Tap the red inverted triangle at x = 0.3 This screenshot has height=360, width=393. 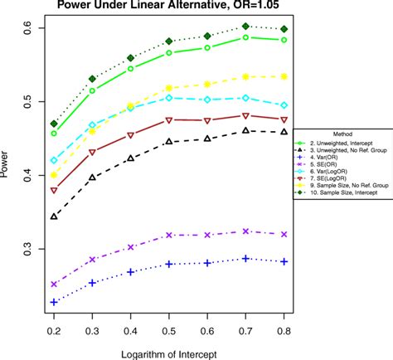[x=93, y=152]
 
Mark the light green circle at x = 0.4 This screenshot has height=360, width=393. [x=131, y=69]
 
